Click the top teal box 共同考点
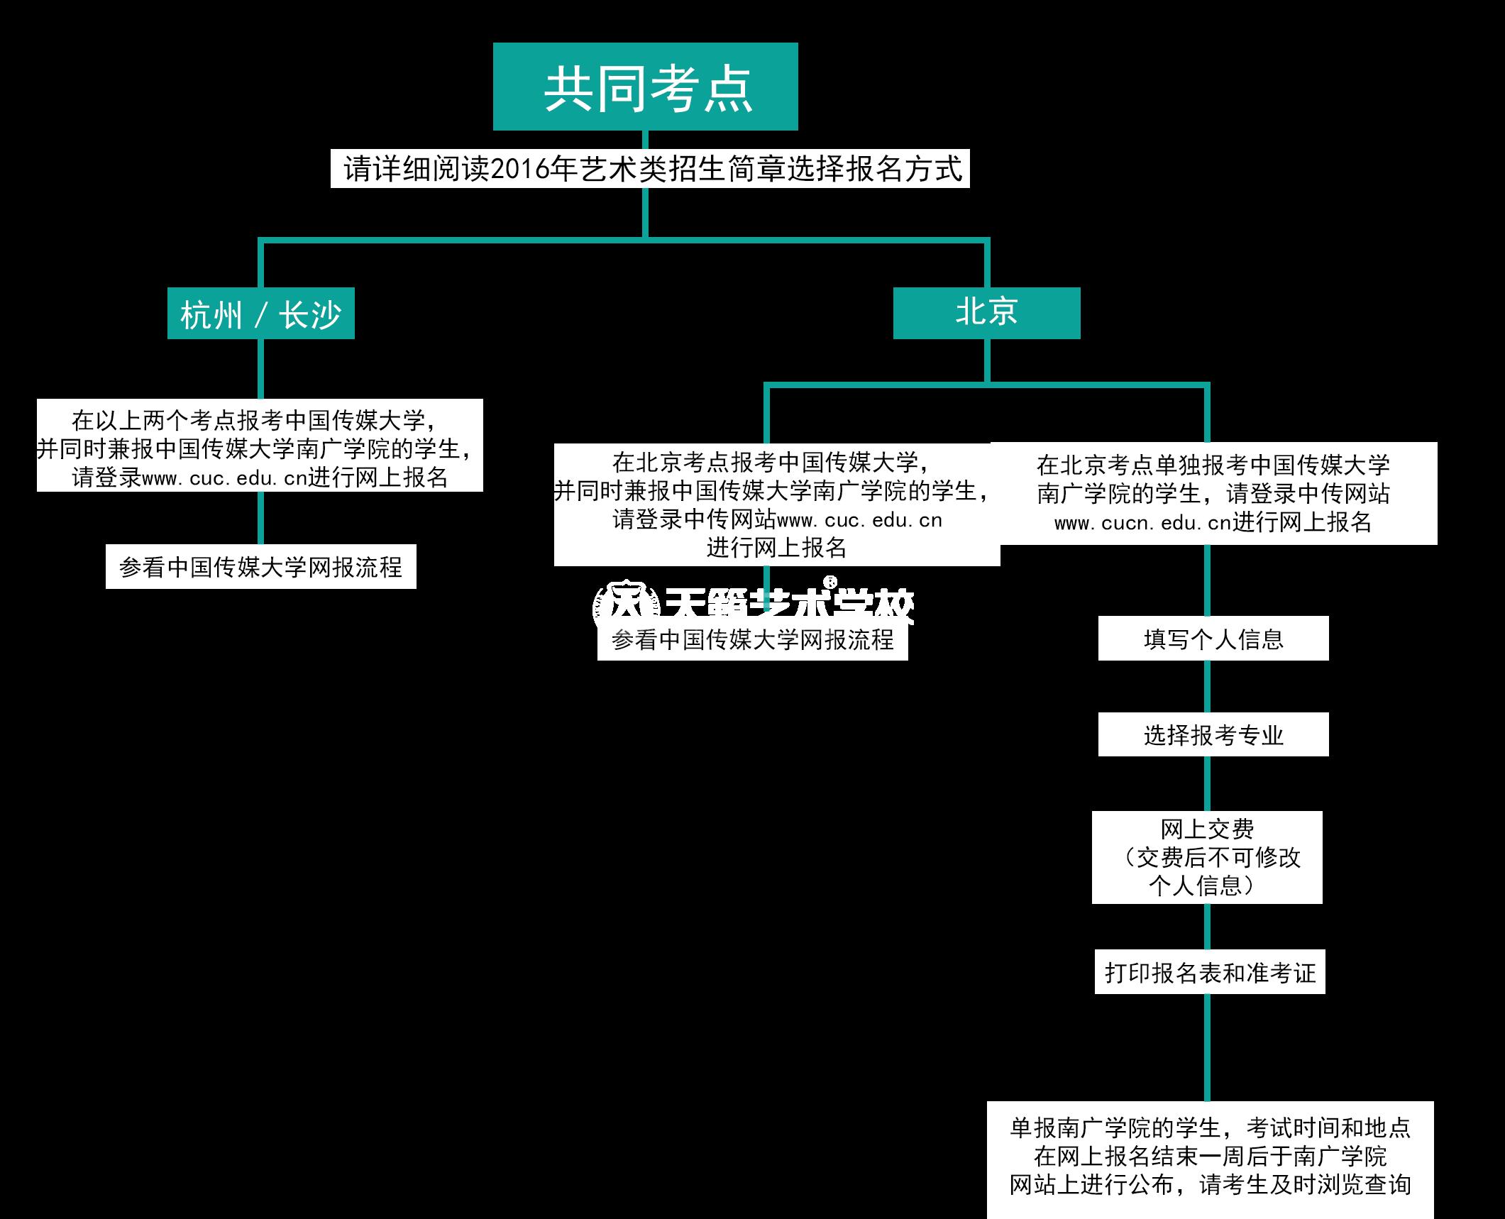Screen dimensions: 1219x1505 645,87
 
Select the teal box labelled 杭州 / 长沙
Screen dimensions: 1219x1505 260,314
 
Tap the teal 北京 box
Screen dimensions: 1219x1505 986,313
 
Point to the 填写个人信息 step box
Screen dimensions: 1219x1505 1213,639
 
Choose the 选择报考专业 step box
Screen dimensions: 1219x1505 1213,734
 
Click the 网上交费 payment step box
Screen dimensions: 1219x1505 1207,857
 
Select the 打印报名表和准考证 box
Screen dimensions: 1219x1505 1210,972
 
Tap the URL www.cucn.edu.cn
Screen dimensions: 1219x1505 1142,523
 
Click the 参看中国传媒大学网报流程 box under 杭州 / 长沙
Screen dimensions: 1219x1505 260,567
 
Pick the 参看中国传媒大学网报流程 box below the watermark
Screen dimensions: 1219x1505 752,640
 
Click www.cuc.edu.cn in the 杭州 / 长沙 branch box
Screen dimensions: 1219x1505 224,478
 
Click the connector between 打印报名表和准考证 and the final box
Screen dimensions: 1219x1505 1207,1047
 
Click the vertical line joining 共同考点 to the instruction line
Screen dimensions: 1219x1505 645,140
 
